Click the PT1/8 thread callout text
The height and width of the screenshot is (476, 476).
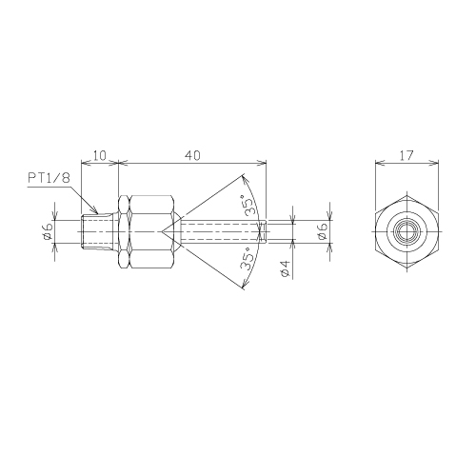(x=49, y=178)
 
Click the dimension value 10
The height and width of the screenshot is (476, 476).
(x=99, y=156)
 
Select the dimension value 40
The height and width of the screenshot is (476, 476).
(x=192, y=156)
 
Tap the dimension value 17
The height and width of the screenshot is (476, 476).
(x=407, y=156)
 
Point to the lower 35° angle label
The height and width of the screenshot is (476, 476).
(x=248, y=259)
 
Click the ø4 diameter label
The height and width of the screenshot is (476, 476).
(x=286, y=268)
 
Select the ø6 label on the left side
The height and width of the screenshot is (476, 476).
(x=48, y=231)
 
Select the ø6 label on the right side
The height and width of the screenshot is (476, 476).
(x=322, y=231)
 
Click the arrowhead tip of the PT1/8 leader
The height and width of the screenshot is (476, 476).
(x=97, y=212)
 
